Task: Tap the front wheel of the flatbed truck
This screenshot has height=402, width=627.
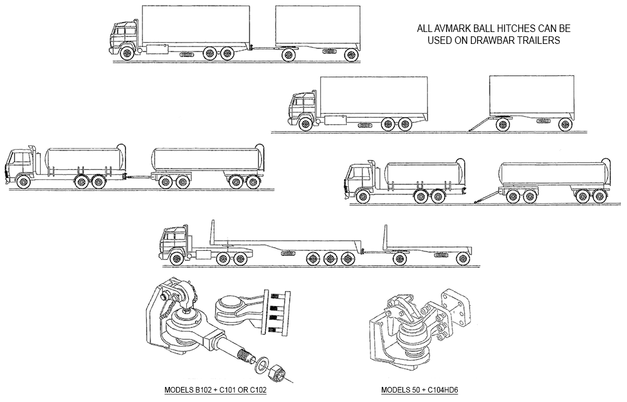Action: pyautogui.click(x=177, y=257)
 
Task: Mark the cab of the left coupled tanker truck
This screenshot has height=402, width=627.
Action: pyautogui.click(x=19, y=164)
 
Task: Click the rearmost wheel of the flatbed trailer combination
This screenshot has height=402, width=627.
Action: pyautogui.click(x=463, y=257)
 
